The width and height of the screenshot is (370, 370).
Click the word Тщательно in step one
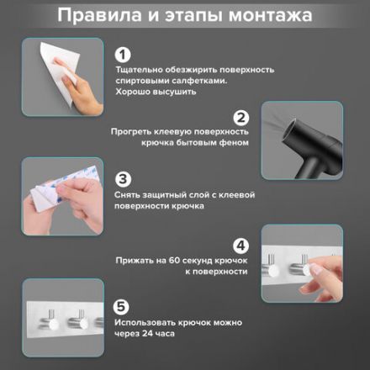pos(140,76)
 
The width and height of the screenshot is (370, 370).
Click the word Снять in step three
pos(130,195)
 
